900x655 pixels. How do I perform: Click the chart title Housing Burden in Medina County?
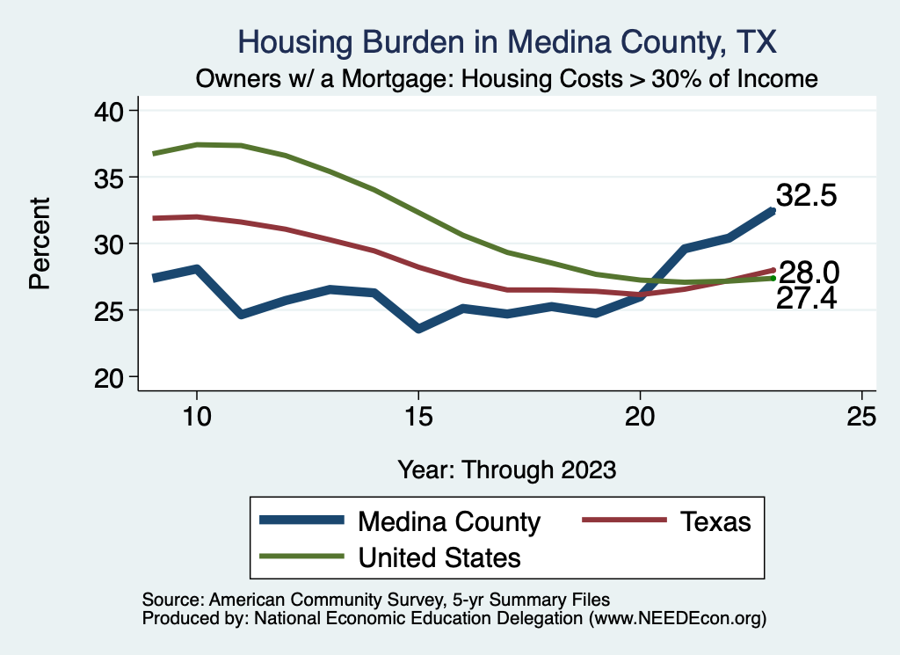507,42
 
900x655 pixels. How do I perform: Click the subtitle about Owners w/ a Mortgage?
507,79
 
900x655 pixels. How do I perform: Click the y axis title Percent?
39,244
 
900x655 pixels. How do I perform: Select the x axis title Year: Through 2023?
507,469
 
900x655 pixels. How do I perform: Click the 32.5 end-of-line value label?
805,196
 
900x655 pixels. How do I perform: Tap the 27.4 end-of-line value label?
805,300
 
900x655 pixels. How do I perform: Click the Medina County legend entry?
448,521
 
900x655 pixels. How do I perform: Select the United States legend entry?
439,557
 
